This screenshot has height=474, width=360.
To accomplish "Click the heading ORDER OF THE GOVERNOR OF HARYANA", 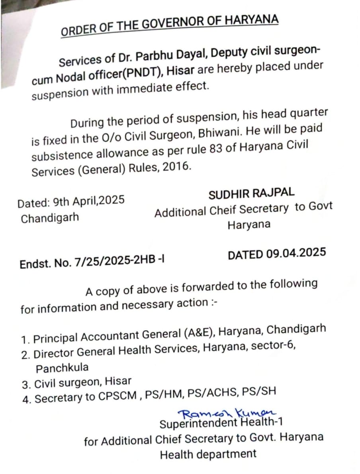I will click(169, 25).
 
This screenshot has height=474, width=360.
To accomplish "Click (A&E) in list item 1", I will click(199, 334).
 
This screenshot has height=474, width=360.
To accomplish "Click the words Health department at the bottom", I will click(208, 454).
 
